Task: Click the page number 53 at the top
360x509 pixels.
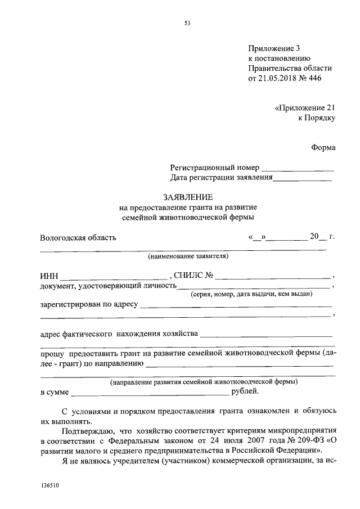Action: tap(187, 23)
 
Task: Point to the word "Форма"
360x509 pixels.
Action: tap(323, 147)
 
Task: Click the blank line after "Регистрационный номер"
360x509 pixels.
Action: tap(298, 169)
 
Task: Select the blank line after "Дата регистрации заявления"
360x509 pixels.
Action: tap(303, 179)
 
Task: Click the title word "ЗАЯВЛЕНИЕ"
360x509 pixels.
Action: tap(187, 197)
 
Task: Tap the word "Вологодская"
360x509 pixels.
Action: tap(61, 237)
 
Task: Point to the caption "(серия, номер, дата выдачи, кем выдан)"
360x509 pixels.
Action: tap(251, 294)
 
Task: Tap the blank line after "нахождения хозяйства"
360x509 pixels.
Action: tap(266, 334)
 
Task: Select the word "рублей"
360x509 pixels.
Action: tap(245, 390)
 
